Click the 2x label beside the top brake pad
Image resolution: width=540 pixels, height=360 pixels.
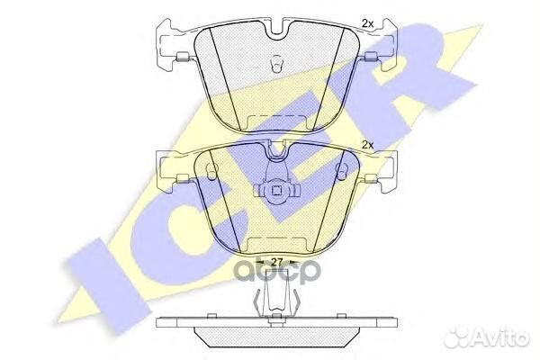(367, 23)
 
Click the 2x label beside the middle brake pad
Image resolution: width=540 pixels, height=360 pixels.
(368, 145)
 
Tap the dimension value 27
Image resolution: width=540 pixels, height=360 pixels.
(276, 262)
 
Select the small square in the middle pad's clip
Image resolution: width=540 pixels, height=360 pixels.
(276, 190)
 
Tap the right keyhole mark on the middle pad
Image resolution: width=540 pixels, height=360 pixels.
(342, 171)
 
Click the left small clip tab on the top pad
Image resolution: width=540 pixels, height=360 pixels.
(182, 58)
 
